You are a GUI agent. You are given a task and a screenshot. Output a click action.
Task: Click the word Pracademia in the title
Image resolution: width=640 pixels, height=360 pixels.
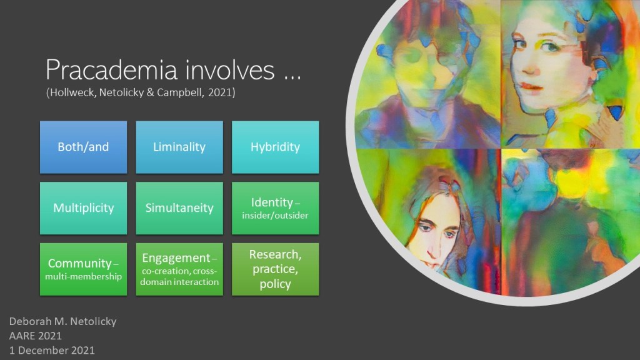pos(111,69)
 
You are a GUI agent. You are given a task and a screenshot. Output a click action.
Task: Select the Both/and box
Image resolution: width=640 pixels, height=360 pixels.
pos(83,147)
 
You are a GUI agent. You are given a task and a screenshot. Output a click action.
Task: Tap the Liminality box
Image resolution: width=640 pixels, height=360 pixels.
pos(179,147)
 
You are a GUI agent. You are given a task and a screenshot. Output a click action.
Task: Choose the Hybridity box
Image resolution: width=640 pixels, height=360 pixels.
pos(275,147)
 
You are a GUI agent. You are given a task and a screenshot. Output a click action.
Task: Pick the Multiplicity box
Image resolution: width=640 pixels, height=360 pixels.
pos(83,208)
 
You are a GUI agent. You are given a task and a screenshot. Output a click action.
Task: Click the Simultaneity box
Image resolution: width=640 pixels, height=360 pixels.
pos(179,208)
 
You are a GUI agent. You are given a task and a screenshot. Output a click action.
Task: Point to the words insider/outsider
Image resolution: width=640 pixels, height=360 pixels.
pos(275,216)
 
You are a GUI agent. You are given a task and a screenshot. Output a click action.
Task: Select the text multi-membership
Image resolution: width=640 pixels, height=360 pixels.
pos(83,276)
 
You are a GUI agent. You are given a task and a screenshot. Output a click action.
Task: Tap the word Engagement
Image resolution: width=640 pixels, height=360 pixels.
pos(176,258)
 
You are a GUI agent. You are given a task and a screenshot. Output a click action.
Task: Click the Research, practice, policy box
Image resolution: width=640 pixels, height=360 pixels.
pos(275,269)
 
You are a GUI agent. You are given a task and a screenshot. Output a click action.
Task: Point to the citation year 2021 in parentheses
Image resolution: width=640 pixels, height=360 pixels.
pos(220,92)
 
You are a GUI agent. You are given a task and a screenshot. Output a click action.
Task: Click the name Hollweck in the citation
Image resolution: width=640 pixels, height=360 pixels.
pos(73,92)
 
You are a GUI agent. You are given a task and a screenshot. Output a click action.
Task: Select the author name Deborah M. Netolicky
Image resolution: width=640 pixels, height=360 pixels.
pos(63,322)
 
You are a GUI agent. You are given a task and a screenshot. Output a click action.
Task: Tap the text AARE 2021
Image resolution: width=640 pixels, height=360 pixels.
pos(36,336)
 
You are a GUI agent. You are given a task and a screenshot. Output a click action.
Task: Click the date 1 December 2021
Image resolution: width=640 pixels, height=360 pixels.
pos(52,350)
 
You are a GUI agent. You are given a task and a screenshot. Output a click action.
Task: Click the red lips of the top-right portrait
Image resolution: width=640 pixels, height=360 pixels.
pos(530,86)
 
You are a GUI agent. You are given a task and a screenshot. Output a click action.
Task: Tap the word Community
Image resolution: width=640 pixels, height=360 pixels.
pos(79,264)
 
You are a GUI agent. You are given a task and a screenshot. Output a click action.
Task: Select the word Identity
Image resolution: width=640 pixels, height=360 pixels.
pos(272,202)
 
